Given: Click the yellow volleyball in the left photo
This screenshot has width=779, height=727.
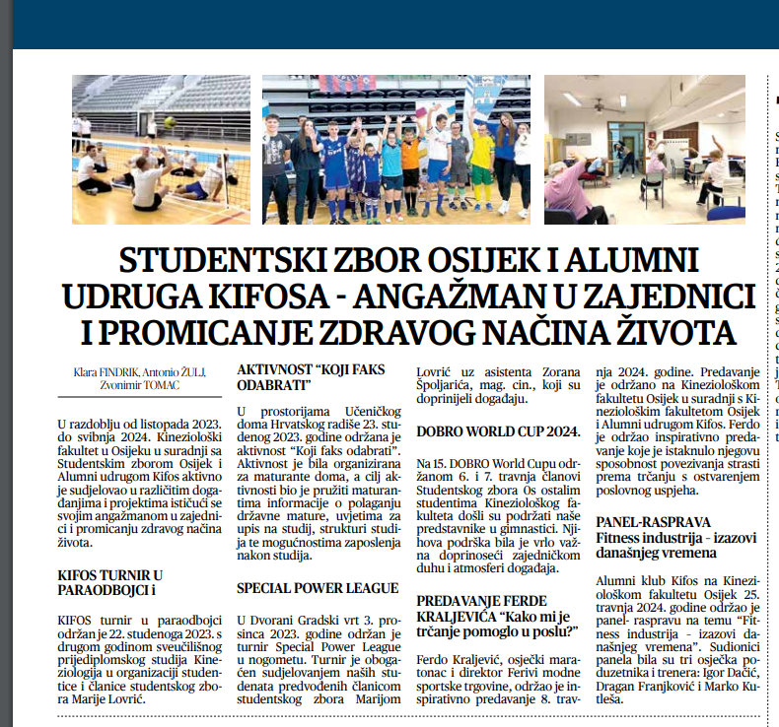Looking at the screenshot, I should pos(170,122).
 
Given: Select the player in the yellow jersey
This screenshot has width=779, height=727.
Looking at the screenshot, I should pos(481,163).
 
